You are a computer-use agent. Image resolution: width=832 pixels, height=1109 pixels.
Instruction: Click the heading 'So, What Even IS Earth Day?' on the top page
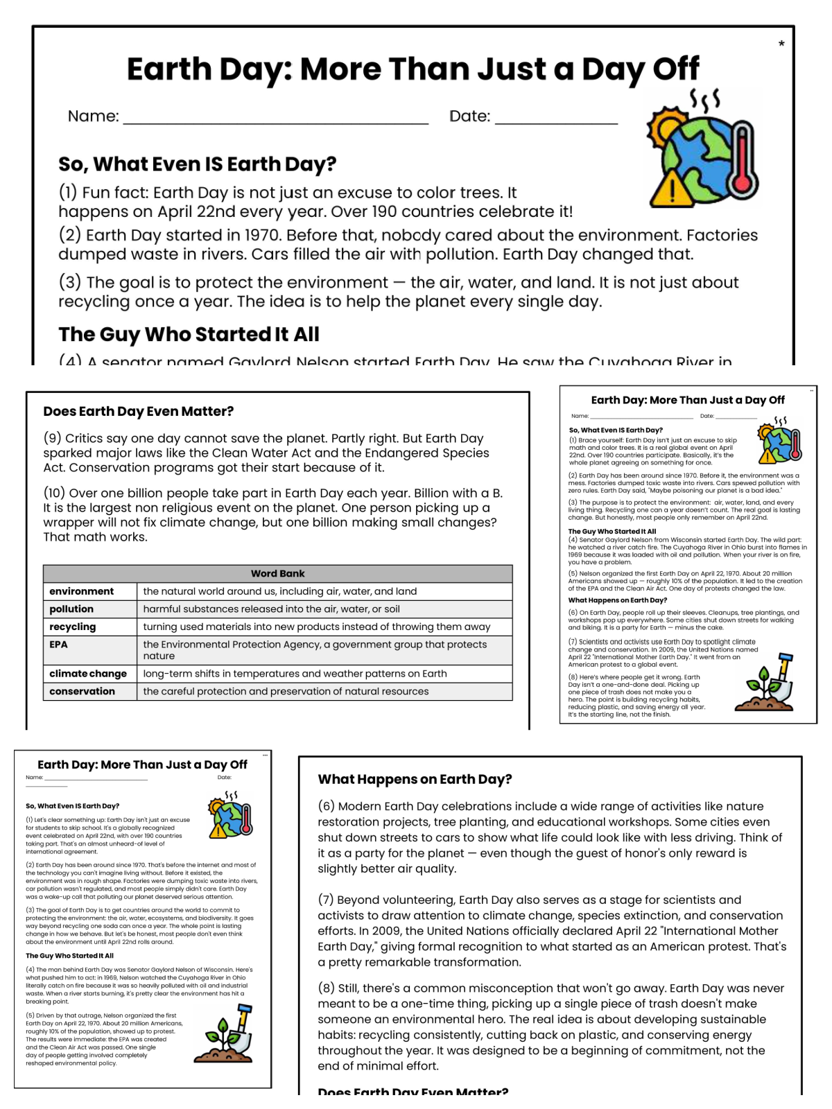(x=197, y=164)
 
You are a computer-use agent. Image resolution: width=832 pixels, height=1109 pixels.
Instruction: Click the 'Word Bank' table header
(x=277, y=573)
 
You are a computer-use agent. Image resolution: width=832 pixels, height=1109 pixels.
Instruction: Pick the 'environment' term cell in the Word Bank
(x=82, y=591)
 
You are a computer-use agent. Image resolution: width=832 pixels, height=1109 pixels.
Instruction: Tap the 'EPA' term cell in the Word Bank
(x=59, y=645)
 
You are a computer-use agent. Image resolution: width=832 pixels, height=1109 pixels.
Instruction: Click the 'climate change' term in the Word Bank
(x=88, y=674)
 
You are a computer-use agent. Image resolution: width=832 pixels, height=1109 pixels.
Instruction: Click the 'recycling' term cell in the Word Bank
(x=73, y=627)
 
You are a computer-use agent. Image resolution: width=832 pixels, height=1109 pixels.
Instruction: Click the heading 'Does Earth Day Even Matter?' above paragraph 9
(x=139, y=411)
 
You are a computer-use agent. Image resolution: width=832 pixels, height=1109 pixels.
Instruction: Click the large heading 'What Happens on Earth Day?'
(x=415, y=779)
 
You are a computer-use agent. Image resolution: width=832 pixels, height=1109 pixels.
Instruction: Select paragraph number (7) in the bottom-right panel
(x=326, y=900)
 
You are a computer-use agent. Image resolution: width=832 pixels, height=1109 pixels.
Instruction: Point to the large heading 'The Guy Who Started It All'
(x=189, y=334)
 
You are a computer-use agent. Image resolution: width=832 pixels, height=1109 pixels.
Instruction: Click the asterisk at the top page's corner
(x=781, y=44)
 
